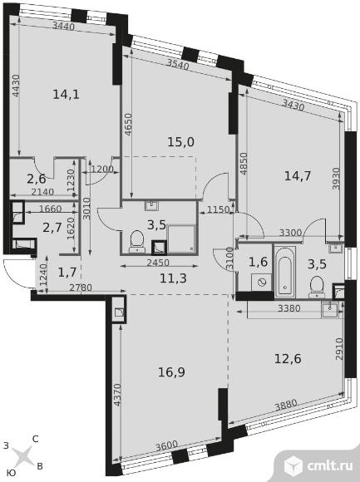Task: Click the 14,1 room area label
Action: click(x=67, y=94)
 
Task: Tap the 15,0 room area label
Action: click(x=180, y=142)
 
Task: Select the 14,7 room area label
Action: click(x=298, y=176)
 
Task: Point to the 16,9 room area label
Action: click(x=171, y=372)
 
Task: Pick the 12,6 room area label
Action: click(x=288, y=358)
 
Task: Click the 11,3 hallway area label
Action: click(x=174, y=278)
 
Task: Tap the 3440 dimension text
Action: click(x=63, y=27)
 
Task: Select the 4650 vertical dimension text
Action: click(x=128, y=125)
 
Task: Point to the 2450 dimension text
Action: click(x=158, y=263)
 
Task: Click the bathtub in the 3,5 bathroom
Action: click(x=284, y=272)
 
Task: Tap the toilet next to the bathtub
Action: click(x=317, y=287)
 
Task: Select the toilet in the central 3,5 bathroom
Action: click(x=137, y=242)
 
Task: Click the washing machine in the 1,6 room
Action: click(x=262, y=282)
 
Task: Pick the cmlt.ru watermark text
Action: click(x=329, y=466)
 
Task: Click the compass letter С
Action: click(x=36, y=439)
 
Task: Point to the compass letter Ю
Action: click(x=11, y=473)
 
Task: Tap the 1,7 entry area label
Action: click(x=67, y=272)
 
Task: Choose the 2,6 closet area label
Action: click(x=37, y=178)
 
